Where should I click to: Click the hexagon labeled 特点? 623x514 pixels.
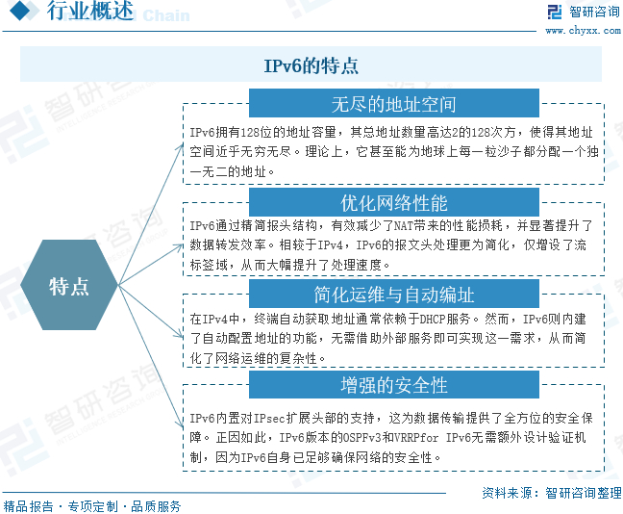click(69, 286)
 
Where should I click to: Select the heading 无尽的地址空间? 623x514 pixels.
click(393, 103)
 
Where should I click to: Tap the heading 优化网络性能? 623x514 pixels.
click(393, 202)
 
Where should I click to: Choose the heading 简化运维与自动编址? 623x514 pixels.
click(393, 294)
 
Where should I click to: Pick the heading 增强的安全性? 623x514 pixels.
click(393, 385)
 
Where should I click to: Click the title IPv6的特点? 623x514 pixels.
click(311, 65)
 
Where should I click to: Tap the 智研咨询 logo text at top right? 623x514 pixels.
click(595, 12)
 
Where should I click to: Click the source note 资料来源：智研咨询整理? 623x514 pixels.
click(551, 492)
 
